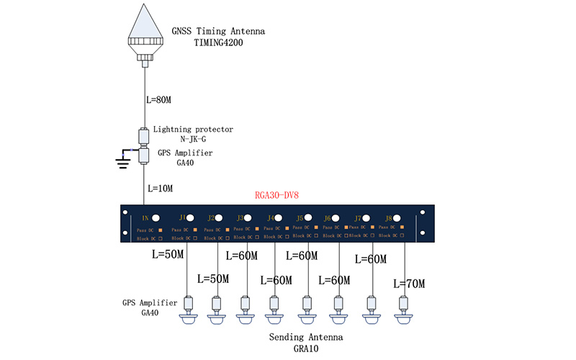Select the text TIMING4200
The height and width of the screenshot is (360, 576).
point(220,42)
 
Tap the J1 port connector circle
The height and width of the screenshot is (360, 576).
point(192,217)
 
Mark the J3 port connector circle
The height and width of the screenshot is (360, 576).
point(250,217)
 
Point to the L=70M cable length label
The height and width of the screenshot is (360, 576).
point(409,284)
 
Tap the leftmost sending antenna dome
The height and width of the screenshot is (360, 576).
point(188,318)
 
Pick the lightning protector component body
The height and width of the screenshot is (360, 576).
point(144,135)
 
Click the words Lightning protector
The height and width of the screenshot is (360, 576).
point(193,129)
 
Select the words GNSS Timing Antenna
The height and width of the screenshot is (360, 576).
point(218,32)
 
